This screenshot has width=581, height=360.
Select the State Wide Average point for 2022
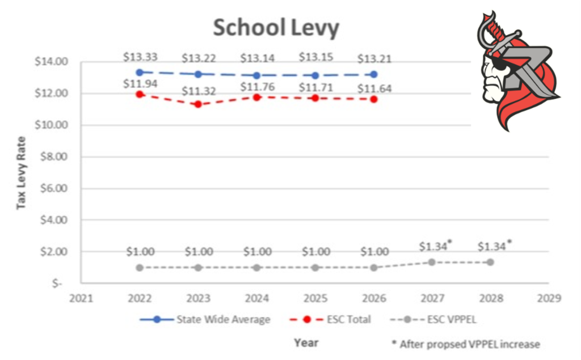(x=140, y=72)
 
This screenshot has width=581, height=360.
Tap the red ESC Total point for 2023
(x=198, y=104)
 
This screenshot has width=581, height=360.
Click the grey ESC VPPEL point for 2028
(x=490, y=262)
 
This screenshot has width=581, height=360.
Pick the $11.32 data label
(x=198, y=91)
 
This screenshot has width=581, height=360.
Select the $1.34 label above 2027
(x=433, y=246)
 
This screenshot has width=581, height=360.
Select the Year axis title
(x=306, y=342)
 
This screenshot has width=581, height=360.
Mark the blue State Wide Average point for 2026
(x=373, y=74)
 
